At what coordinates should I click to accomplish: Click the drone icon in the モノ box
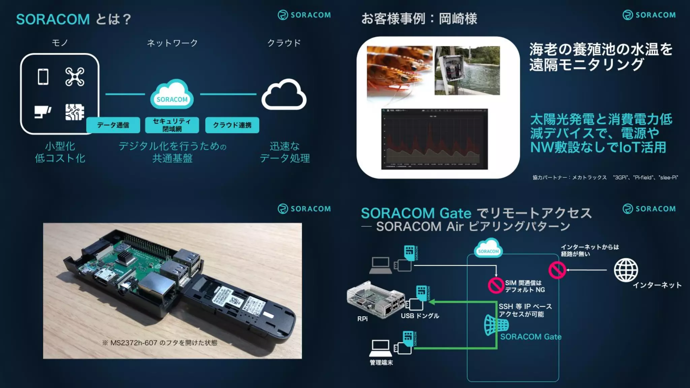75,77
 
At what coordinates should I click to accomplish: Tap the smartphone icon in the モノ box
43,77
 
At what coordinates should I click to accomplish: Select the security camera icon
43,112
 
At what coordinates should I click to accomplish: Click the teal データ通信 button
113,125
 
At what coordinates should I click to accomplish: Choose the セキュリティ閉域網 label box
172,125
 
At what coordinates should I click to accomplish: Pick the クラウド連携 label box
232,125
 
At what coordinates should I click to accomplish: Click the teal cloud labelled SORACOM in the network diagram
172,95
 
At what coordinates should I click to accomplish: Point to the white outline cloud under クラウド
284,95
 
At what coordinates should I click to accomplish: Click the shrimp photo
399,71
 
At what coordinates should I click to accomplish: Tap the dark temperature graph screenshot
434,139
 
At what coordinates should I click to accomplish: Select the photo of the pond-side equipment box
467,70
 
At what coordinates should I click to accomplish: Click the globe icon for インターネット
626,270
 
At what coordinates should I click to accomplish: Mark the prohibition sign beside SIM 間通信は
496,285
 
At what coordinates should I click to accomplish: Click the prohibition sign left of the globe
557,270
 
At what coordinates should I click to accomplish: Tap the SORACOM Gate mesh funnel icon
496,325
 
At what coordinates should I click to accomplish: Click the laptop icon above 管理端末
380,348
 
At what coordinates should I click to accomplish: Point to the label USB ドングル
420,316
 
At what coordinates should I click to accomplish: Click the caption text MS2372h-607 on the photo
134,343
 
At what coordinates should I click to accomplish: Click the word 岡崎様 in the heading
458,19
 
